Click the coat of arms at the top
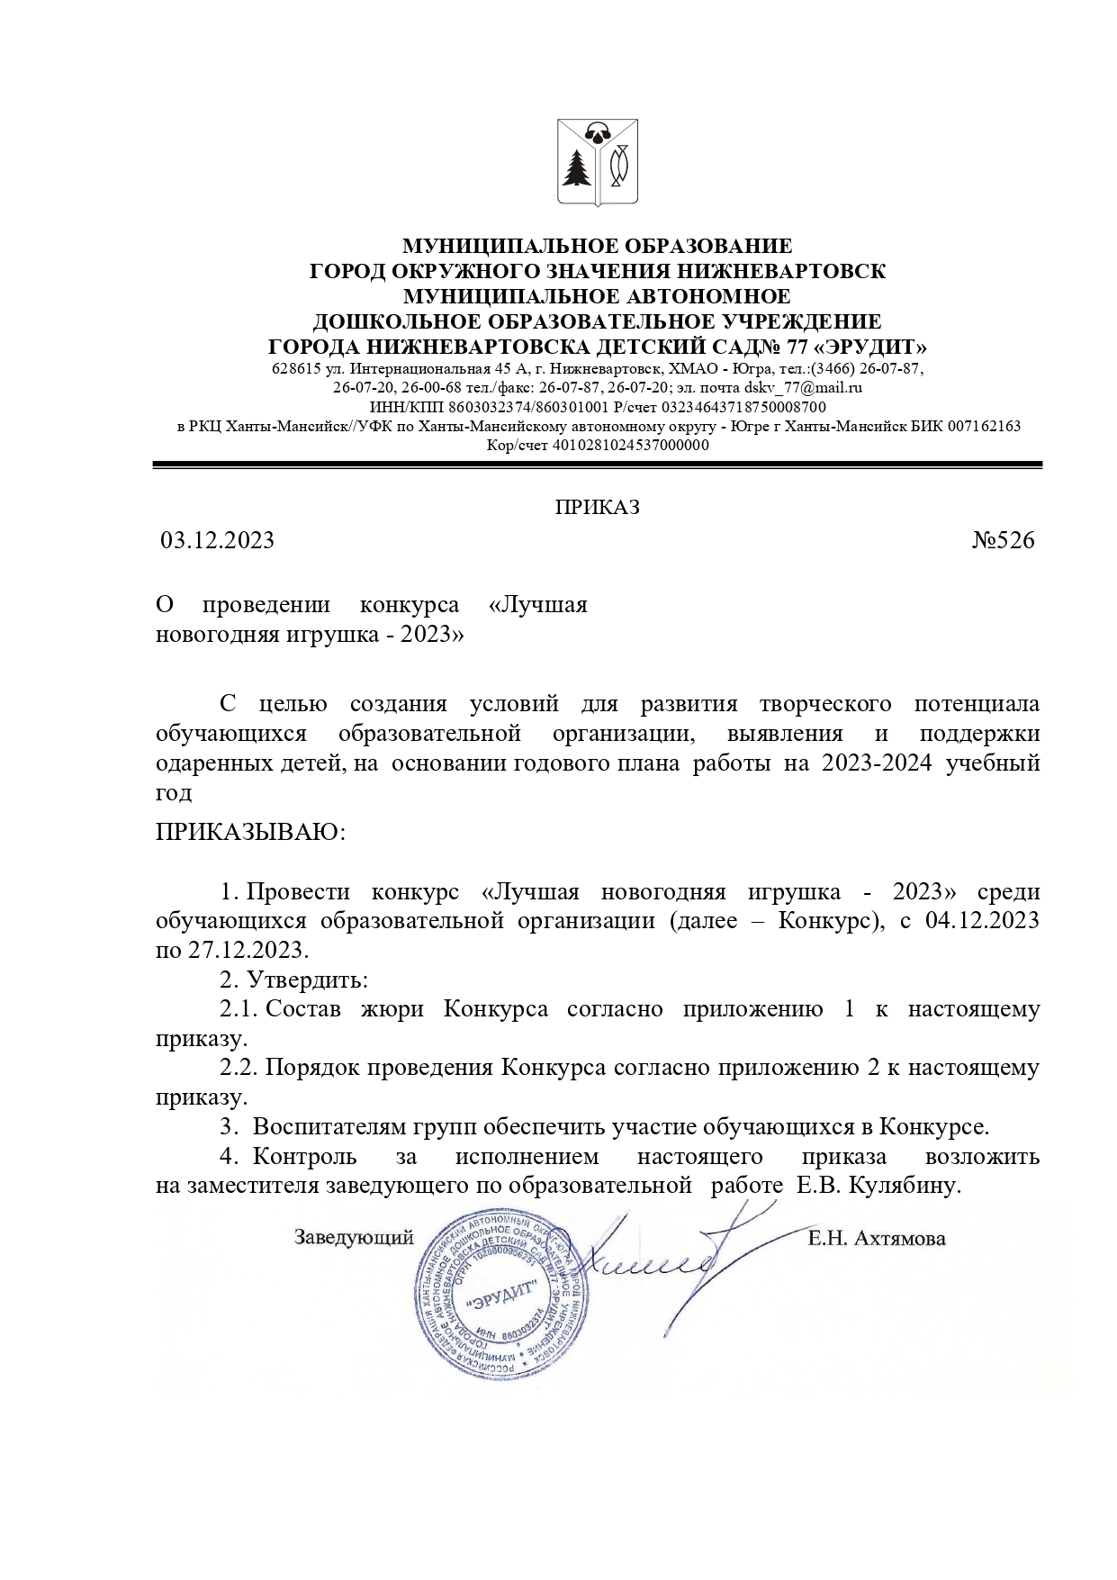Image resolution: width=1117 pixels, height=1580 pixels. pyautogui.click(x=597, y=164)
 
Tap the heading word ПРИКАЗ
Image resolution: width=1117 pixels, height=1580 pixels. pyautogui.click(x=597, y=508)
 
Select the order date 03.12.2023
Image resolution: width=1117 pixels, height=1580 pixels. pyautogui.click(x=217, y=540)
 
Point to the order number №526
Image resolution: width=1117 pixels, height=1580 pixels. pyautogui.click(x=1004, y=540)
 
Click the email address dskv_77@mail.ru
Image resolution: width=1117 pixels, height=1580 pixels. pyautogui.click(x=804, y=388)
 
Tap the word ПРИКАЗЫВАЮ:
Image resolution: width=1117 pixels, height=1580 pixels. pyautogui.click(x=250, y=830)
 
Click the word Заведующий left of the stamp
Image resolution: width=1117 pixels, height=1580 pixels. pyautogui.click(x=354, y=1237)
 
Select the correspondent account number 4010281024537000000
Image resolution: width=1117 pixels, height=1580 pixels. pyautogui.click(x=630, y=445)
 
